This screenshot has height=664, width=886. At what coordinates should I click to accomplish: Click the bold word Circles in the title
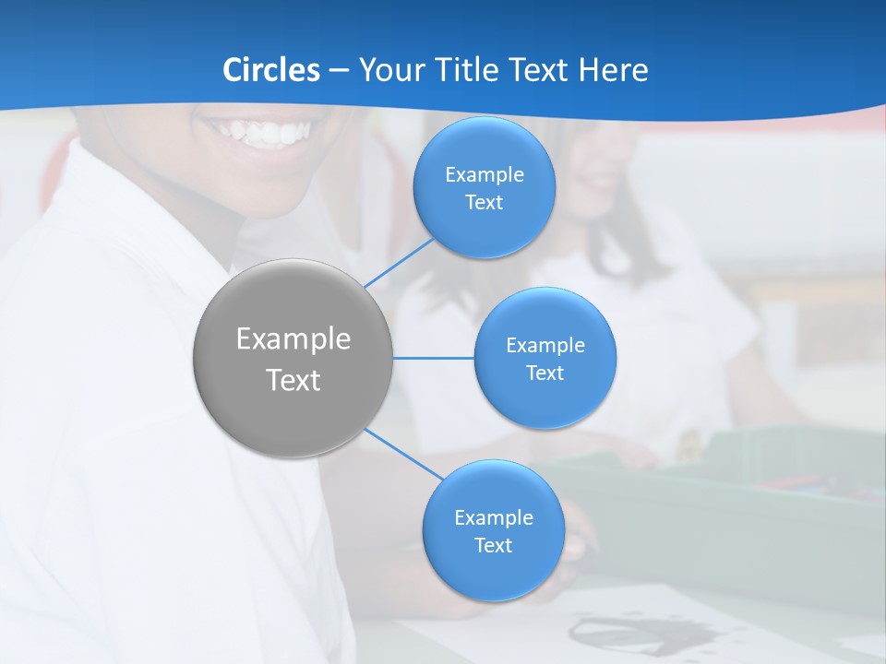click(x=270, y=70)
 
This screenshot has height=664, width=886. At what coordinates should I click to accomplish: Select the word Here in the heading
click(x=613, y=70)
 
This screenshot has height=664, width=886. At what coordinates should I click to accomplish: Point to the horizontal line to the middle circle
click(x=433, y=358)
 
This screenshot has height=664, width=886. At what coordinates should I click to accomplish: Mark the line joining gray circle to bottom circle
click(x=403, y=454)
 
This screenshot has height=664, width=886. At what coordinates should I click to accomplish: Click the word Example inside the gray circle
click(x=293, y=339)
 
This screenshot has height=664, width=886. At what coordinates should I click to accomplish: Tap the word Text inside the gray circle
click(x=293, y=380)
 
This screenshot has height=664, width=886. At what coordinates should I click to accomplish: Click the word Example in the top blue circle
click(x=485, y=175)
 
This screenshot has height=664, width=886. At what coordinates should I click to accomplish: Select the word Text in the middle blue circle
click(x=545, y=373)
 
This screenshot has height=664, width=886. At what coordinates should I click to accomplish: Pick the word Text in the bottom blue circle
click(x=493, y=546)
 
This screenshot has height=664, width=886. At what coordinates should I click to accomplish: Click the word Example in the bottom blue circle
click(x=493, y=518)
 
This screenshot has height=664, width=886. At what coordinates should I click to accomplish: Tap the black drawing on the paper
click(x=637, y=633)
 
